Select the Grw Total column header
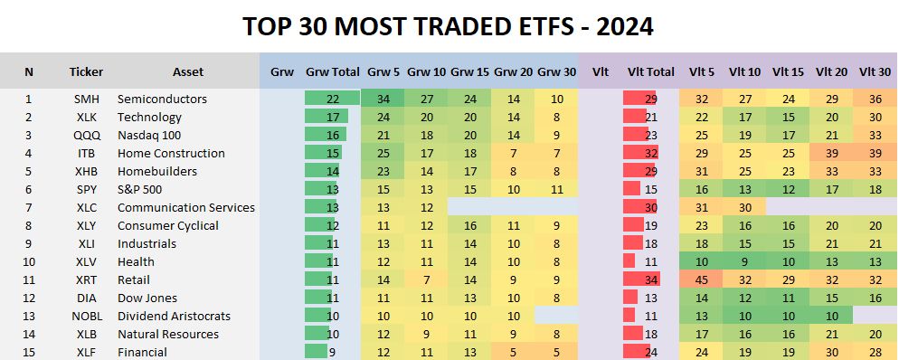tap(332, 71)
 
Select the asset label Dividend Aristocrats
tap(175, 316)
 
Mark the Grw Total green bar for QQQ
tap(321, 135)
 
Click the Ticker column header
tap(87, 71)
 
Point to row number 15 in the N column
tap(29, 352)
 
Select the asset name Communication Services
tap(186, 207)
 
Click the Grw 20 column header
tap(513, 71)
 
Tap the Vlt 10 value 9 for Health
tap(753, 261)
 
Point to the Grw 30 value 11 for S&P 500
tap(556, 189)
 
